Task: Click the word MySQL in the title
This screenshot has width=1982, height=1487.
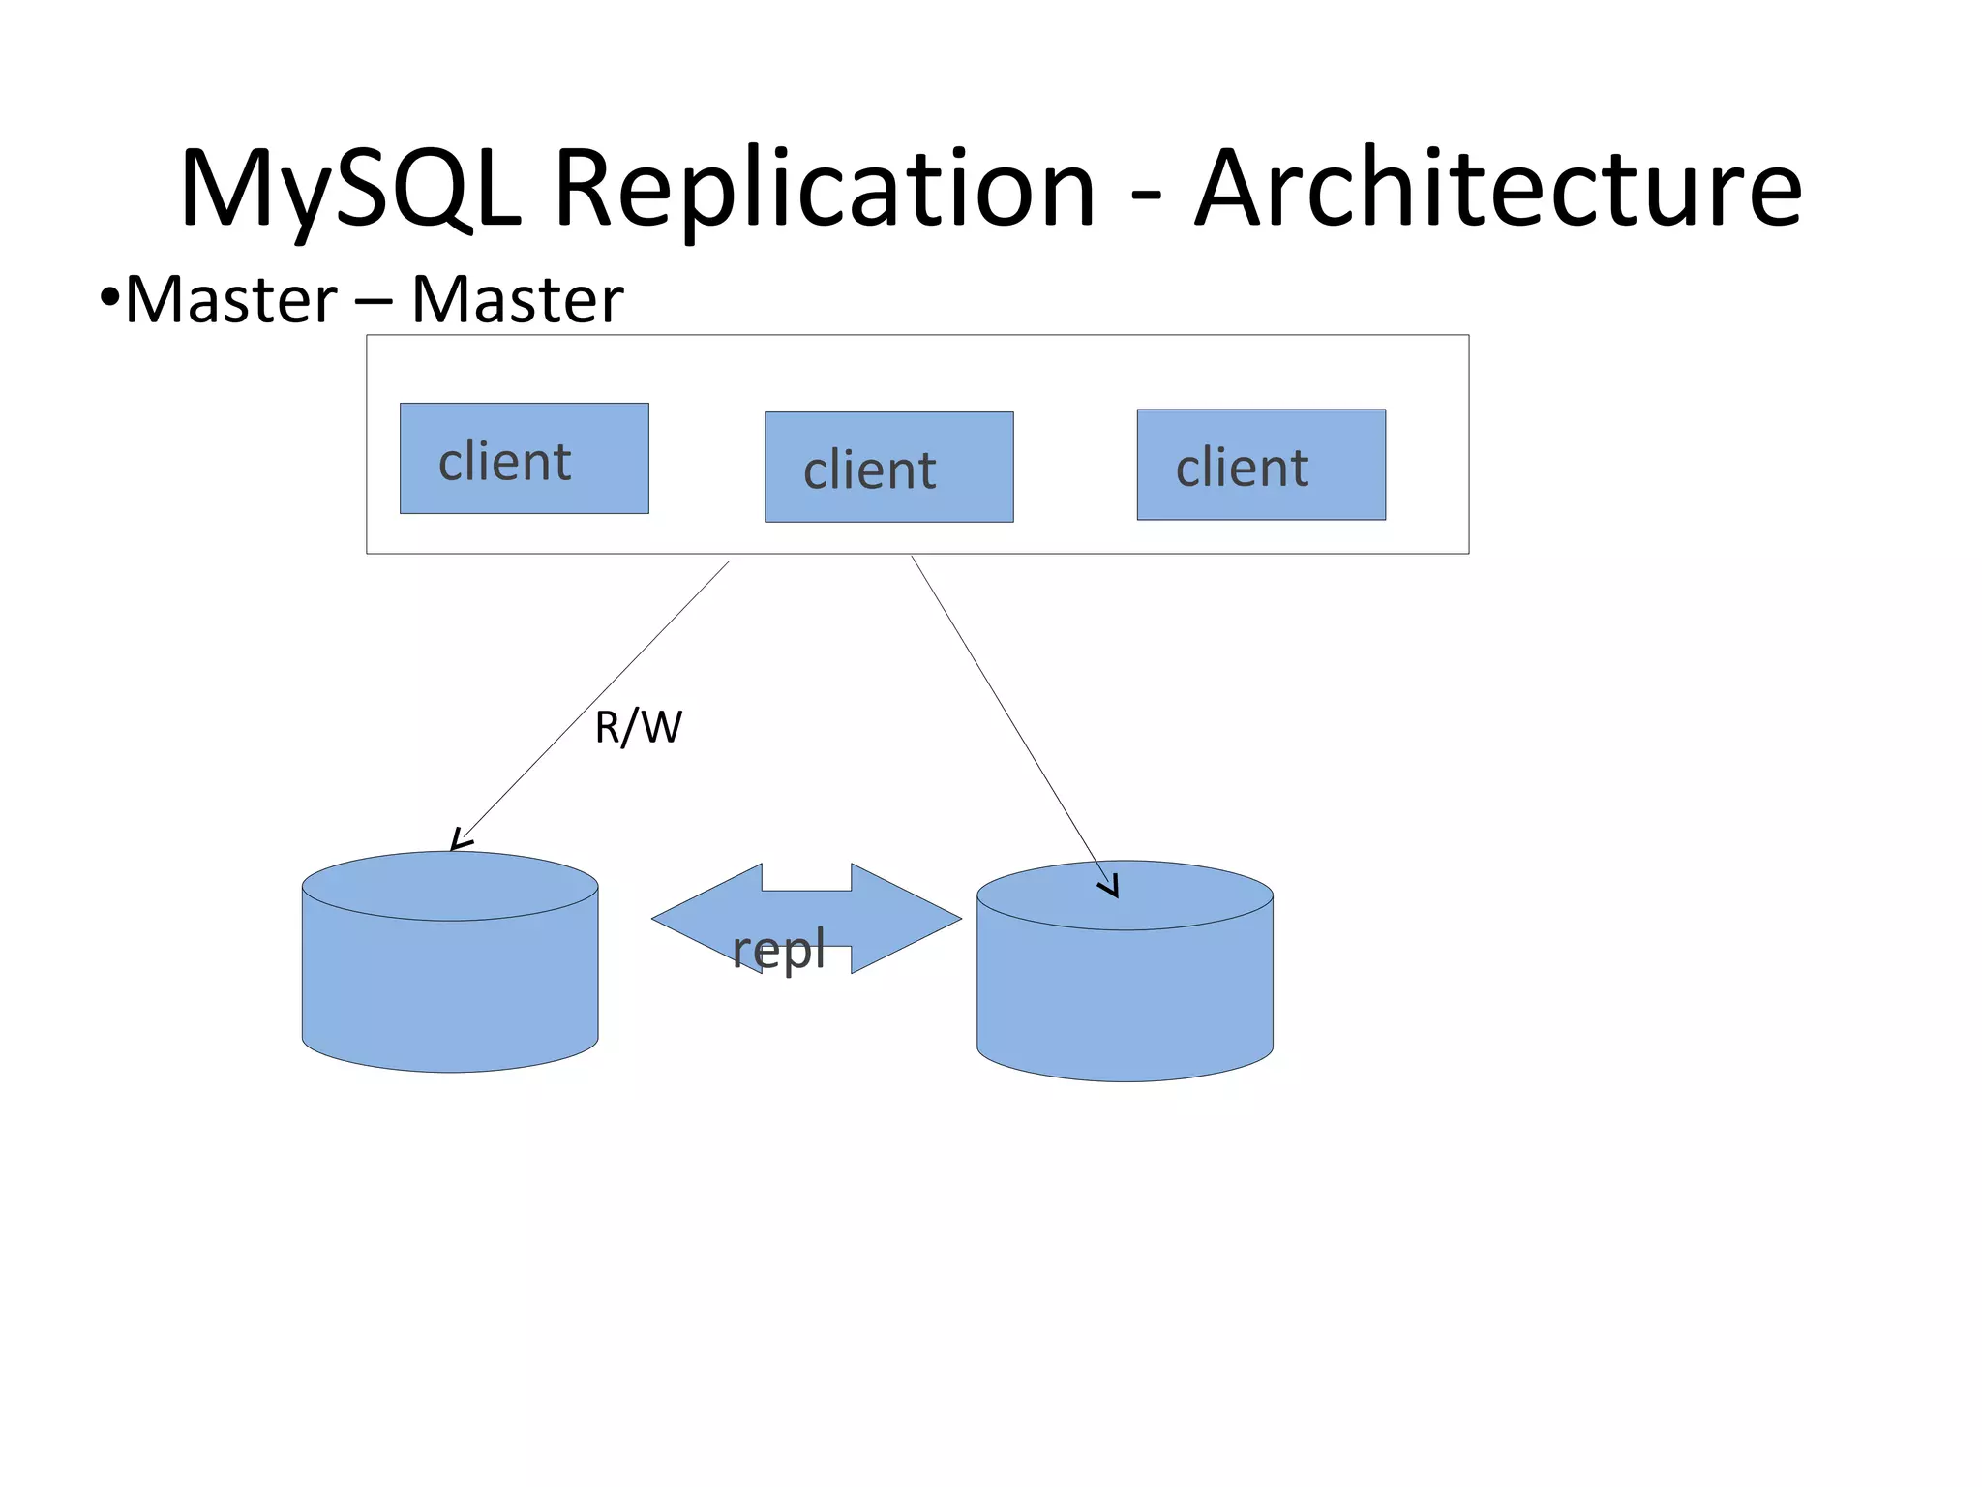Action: [x=350, y=189]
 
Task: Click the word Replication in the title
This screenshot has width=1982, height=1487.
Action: [x=824, y=189]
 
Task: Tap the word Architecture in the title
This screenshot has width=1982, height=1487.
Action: [x=1498, y=189]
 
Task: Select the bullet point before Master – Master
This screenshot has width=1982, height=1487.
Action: [x=109, y=297]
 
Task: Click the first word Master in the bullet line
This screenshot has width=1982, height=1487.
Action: [x=231, y=299]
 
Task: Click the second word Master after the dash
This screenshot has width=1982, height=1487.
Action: [x=517, y=299]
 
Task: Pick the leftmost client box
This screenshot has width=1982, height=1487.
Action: [x=524, y=458]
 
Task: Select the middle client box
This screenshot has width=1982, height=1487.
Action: [x=888, y=467]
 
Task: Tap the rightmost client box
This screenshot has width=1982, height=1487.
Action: [x=1260, y=465]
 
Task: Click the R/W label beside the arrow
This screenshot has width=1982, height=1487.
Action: [x=638, y=727]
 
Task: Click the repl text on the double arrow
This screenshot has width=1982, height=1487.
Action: [x=778, y=949]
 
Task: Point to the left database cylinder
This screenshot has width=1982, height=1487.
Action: [x=450, y=978]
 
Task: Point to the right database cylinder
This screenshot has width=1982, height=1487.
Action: [x=1125, y=987]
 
